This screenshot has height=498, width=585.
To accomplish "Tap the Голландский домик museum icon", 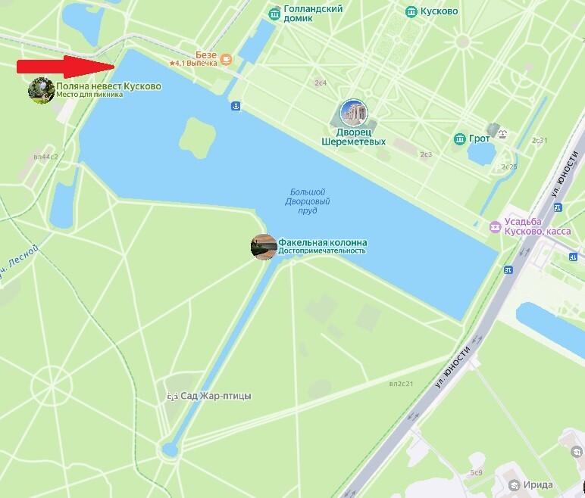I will (x=275, y=13).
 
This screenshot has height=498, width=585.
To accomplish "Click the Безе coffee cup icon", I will (x=225, y=58).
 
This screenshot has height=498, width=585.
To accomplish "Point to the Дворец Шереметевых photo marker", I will (x=353, y=113).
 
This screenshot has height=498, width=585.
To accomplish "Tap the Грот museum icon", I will (x=459, y=139).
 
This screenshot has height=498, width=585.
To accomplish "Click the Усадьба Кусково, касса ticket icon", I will (x=495, y=226).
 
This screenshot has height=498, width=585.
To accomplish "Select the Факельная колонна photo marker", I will (x=263, y=247).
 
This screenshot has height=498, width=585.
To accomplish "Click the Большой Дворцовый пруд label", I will (x=307, y=201).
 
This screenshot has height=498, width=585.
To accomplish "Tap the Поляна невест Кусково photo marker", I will (x=40, y=90).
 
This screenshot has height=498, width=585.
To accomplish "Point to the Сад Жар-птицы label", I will (x=214, y=396).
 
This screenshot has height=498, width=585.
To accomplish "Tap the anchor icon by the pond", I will (x=235, y=107).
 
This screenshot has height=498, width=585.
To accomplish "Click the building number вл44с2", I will (x=45, y=157).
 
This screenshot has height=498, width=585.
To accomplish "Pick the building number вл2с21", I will (x=401, y=384).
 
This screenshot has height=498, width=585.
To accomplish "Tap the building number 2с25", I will (x=508, y=167).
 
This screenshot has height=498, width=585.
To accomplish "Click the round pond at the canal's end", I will (x=170, y=450).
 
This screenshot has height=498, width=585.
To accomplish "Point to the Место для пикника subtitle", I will (x=89, y=95).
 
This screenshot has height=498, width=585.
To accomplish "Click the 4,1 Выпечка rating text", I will (x=196, y=64).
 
